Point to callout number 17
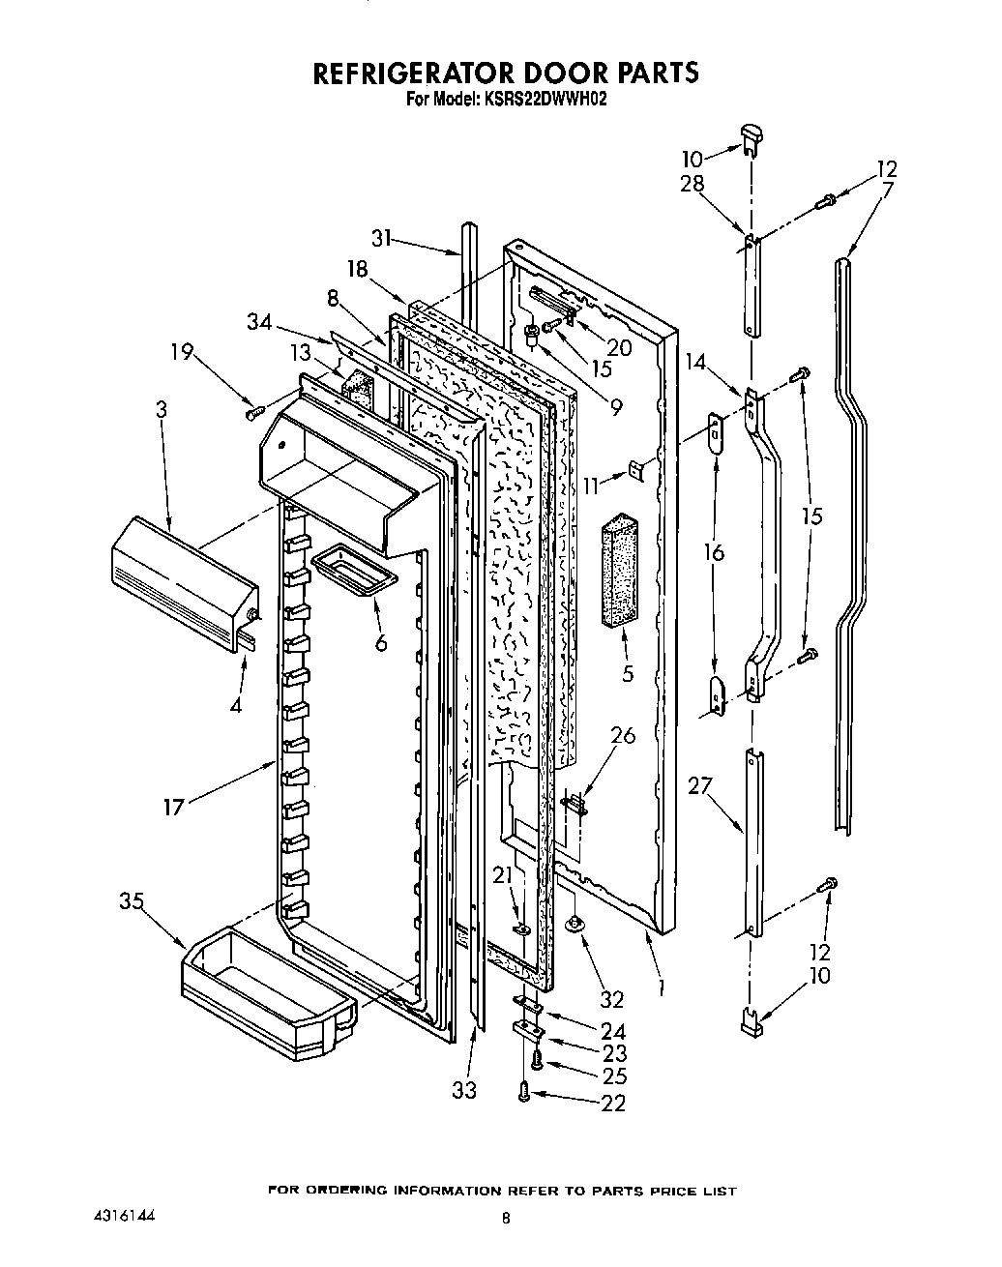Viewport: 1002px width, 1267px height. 173,806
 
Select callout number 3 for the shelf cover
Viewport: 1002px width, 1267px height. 161,409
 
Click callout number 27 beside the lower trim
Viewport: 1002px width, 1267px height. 699,785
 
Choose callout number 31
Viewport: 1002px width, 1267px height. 383,237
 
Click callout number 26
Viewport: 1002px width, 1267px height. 623,736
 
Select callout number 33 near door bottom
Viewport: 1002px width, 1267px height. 464,1090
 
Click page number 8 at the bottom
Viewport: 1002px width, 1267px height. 504,1221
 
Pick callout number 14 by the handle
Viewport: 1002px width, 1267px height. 694,363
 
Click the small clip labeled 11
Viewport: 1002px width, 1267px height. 637,469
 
